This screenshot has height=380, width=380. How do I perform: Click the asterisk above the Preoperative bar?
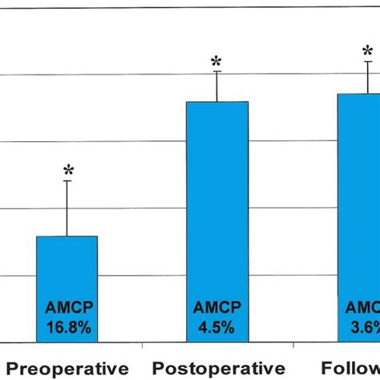tap(68, 170)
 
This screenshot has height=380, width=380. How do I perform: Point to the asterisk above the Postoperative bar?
tap(216, 61)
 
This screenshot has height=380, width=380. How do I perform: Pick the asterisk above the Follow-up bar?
tap(368, 50)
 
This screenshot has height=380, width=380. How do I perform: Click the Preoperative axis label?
tap(68, 369)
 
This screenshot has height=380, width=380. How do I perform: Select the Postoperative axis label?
tap(216, 369)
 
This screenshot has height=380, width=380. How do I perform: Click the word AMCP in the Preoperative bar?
tap(67, 307)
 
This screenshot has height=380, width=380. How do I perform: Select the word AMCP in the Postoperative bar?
tap(216, 307)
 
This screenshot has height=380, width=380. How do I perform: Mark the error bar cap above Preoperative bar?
tap(67, 181)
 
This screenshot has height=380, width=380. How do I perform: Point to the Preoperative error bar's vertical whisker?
tap(67, 208)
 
